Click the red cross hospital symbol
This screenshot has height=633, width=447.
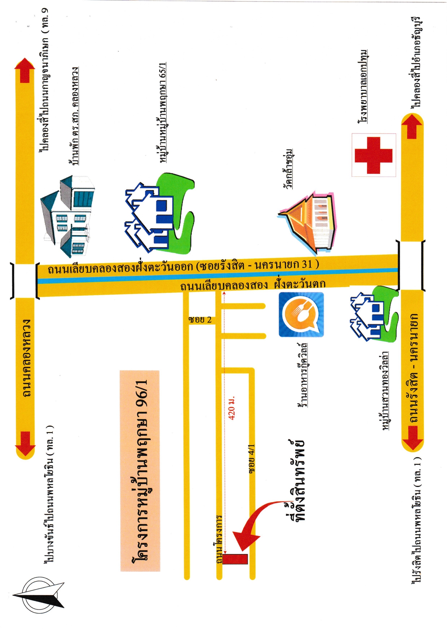click(x=373, y=155)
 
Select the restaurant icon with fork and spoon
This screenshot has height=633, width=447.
click(x=301, y=315)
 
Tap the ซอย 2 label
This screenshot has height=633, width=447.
click(x=200, y=320)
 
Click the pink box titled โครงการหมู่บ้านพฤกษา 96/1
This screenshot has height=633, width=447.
click(x=140, y=471)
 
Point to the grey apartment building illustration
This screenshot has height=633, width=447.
click(x=67, y=216)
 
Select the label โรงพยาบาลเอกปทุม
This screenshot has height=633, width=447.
click(x=363, y=87)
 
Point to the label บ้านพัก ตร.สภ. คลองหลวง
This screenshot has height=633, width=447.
click(x=74, y=116)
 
